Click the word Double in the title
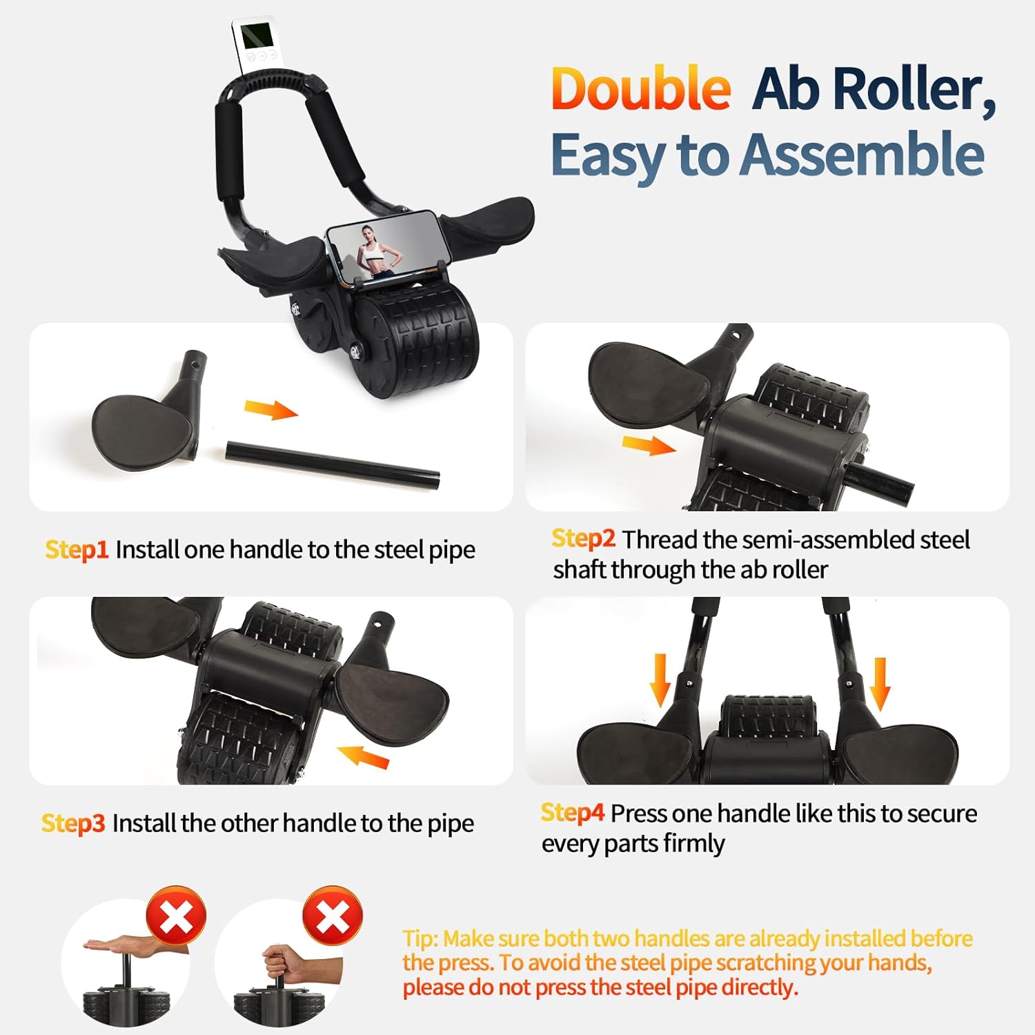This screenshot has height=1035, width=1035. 640,89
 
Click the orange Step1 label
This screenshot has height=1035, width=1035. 77,550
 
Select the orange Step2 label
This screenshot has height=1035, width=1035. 583,538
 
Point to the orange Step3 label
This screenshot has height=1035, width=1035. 73,823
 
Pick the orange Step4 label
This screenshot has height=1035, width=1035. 573,813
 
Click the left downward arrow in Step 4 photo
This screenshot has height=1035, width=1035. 660,680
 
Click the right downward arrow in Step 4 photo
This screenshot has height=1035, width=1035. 880,682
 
